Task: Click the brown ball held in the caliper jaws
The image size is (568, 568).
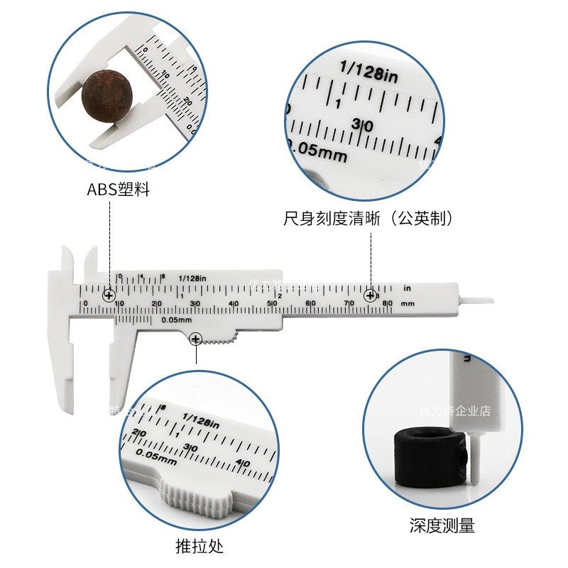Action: click(107, 97)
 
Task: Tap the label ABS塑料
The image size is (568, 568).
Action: click(118, 190)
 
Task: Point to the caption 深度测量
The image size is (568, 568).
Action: click(442, 526)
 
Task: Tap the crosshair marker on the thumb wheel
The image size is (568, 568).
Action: click(195, 340)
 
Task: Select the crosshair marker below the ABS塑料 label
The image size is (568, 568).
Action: click(109, 295)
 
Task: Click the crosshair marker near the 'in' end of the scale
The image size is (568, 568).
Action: click(370, 295)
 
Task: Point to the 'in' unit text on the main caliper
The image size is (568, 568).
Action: click(407, 288)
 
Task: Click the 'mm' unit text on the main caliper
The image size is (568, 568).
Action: click(407, 304)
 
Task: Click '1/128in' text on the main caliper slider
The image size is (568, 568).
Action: click(192, 278)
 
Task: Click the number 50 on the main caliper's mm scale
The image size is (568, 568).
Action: click(271, 304)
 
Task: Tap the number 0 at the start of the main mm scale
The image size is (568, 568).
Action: click(85, 304)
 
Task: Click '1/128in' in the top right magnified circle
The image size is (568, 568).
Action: click(368, 72)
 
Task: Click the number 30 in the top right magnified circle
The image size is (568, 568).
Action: click(362, 125)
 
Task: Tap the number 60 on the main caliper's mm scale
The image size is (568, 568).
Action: click(310, 304)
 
